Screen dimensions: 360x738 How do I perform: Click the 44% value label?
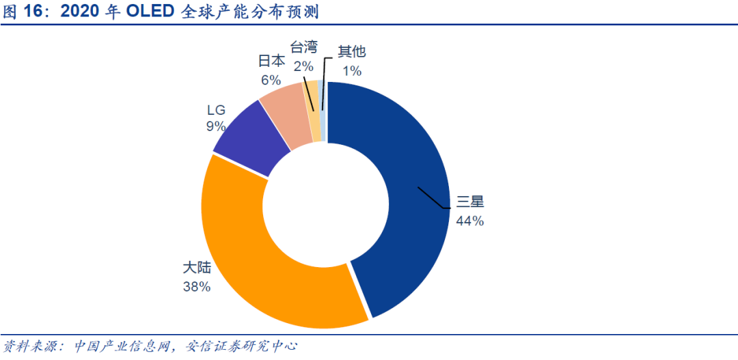coord(470,221)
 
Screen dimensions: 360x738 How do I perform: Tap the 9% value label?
coord(216,126)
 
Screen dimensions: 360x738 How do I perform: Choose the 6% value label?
coord(271,79)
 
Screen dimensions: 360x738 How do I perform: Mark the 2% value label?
coord(303,66)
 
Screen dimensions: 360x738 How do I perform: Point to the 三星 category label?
coord(470,202)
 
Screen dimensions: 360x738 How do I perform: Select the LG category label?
coord(216,109)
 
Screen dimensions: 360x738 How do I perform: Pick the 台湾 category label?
coord(303,48)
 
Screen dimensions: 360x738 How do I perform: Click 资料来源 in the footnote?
coord(27,346)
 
